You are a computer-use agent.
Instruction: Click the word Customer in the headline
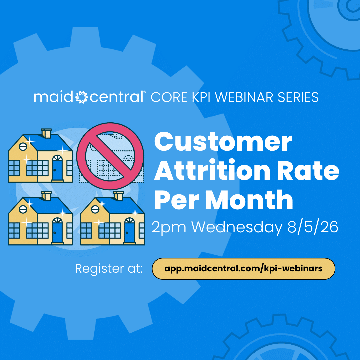(x=223, y=141)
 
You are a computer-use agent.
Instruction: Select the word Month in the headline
(x=249, y=200)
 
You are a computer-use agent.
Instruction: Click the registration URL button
(x=243, y=269)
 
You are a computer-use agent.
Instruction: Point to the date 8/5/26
(x=313, y=227)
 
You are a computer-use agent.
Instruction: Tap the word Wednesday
(x=237, y=228)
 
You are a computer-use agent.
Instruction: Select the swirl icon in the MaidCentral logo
(x=82, y=97)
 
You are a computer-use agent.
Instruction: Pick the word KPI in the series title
(x=201, y=97)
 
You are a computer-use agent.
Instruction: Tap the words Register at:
(x=109, y=268)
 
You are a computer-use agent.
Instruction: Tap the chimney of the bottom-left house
(x=46, y=196)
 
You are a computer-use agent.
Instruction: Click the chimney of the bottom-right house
(x=118, y=196)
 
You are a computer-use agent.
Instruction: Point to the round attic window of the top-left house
(x=23, y=146)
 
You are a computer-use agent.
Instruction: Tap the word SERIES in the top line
(x=298, y=97)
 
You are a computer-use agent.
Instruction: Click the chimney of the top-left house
(x=46, y=133)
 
